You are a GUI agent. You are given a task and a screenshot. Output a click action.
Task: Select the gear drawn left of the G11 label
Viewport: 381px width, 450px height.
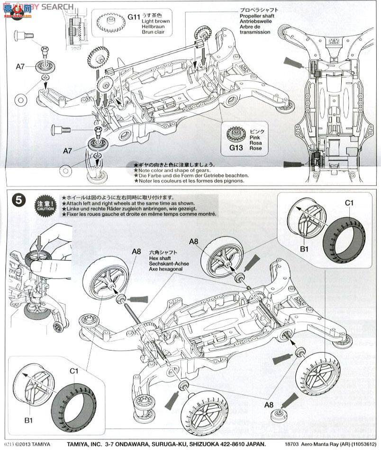click(x=109, y=21)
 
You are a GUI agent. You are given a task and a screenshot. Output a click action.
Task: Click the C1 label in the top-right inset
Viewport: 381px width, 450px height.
click(x=349, y=203)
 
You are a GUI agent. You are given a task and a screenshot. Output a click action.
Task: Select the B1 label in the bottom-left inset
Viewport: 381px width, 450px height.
click(x=28, y=420)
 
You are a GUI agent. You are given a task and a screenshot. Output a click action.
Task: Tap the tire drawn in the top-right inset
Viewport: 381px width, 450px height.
click(x=344, y=235)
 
